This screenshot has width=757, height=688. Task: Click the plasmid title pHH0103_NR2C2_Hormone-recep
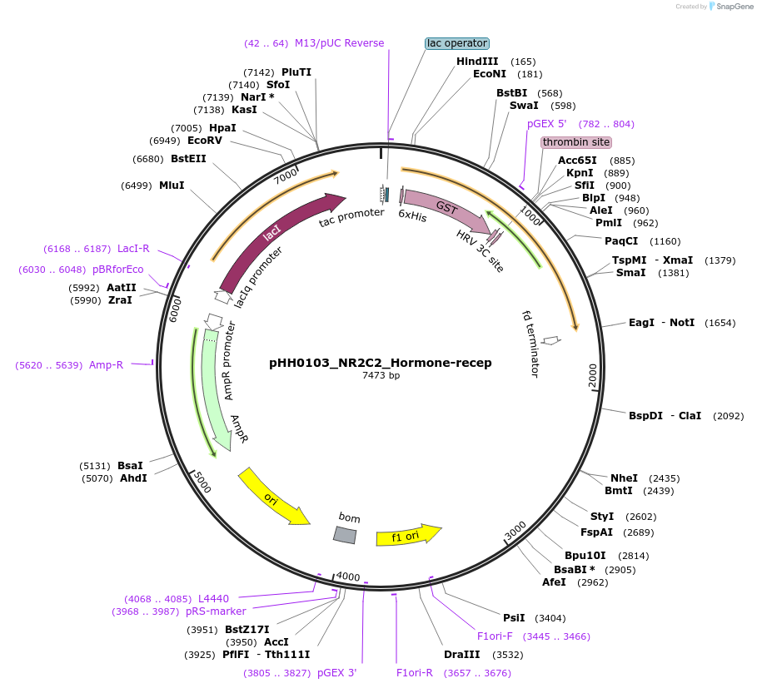click(x=380, y=363)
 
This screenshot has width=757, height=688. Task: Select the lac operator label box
click(x=456, y=43)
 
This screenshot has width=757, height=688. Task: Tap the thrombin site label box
click(x=576, y=142)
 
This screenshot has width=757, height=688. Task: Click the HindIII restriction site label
click(x=477, y=62)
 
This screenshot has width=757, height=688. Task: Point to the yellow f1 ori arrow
click(x=408, y=535)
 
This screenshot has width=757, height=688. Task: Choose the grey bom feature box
click(x=346, y=535)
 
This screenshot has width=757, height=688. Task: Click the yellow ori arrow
click(x=273, y=497)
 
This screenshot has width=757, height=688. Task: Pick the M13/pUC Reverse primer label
click(x=339, y=43)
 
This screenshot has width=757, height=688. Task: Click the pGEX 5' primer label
click(x=546, y=124)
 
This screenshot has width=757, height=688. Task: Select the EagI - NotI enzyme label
click(x=661, y=323)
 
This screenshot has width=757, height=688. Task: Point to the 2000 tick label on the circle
click(x=592, y=377)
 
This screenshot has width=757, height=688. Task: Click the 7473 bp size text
click(x=381, y=376)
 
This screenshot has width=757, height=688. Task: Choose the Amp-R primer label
click(x=106, y=365)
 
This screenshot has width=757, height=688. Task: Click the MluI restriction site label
click(x=172, y=186)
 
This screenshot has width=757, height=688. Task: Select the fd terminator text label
click(x=530, y=344)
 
